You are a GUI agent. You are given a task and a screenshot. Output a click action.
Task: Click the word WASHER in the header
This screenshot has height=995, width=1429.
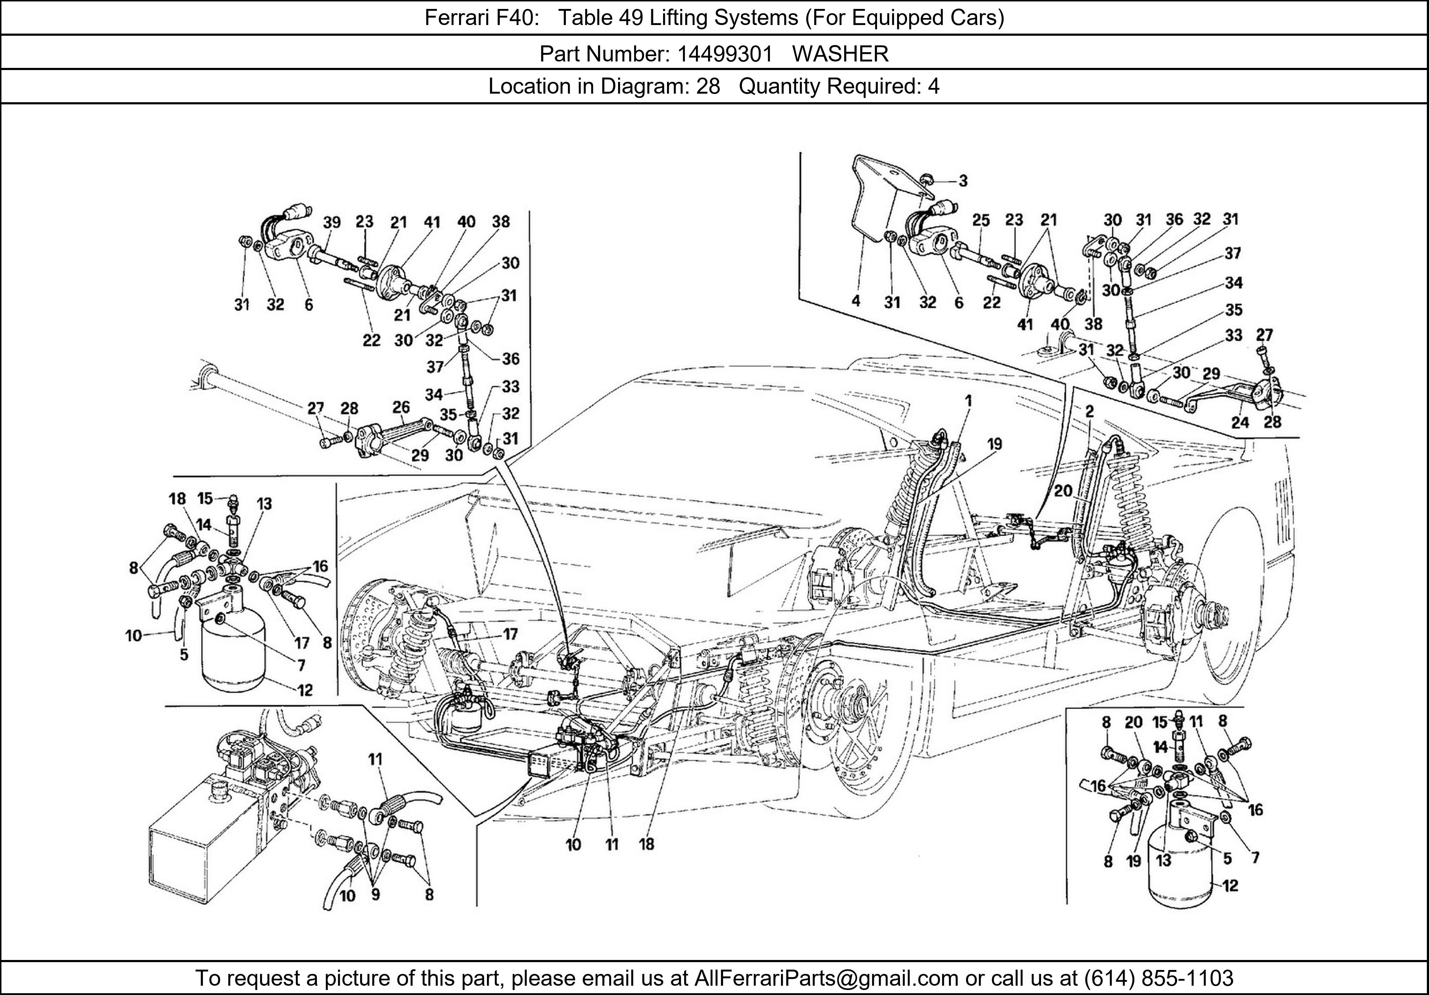[x=840, y=54]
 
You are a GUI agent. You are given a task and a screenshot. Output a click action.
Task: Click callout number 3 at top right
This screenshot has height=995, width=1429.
[x=963, y=181]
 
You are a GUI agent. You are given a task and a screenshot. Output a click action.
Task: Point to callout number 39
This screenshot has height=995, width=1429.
[x=332, y=222]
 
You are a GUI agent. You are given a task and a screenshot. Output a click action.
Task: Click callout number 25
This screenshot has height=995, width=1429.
[x=981, y=220]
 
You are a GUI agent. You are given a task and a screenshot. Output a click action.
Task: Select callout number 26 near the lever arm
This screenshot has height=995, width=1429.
[x=401, y=407]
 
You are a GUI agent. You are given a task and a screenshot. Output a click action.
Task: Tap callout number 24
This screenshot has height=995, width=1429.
[x=1240, y=422]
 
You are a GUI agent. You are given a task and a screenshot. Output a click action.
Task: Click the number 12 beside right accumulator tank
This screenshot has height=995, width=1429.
[x=1230, y=885]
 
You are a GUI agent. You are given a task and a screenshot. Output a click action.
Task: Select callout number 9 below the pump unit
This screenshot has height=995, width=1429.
[x=375, y=895]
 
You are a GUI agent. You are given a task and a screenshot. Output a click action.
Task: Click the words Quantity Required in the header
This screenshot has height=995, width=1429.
[x=828, y=86]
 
